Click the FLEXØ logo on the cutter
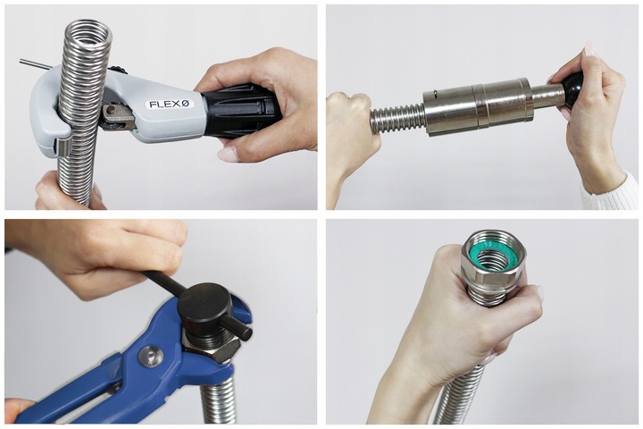coord(169,104)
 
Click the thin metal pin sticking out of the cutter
coord(35,64)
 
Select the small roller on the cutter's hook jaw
coord(61,147)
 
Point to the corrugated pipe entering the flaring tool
coord(397,118)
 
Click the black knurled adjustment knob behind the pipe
coord(119,70)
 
